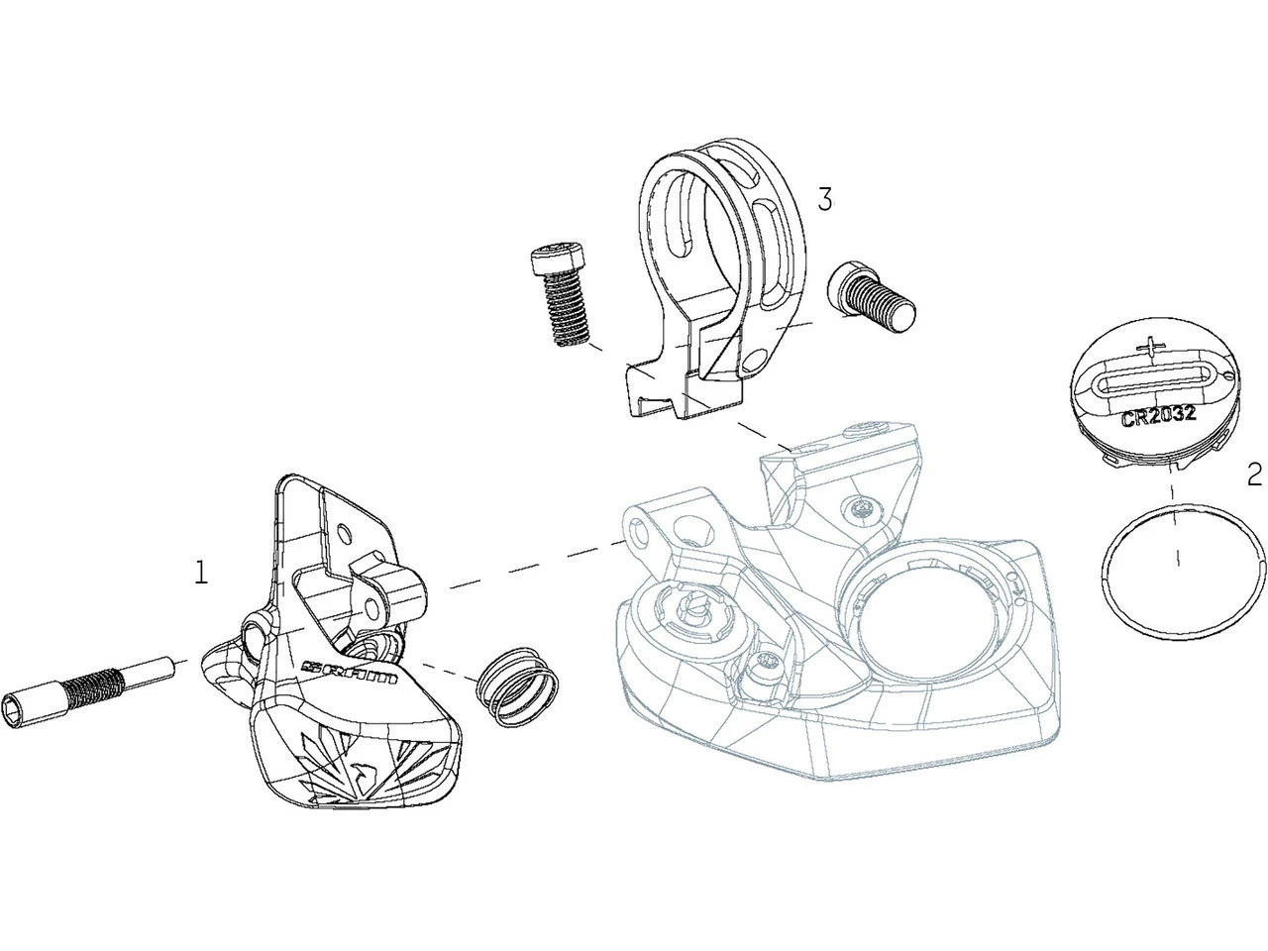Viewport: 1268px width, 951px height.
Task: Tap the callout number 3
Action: click(x=825, y=200)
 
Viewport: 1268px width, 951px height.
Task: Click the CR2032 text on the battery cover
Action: click(x=1158, y=416)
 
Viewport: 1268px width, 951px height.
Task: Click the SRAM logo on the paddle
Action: click(x=350, y=672)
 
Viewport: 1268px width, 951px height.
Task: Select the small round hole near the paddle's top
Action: click(x=345, y=532)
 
